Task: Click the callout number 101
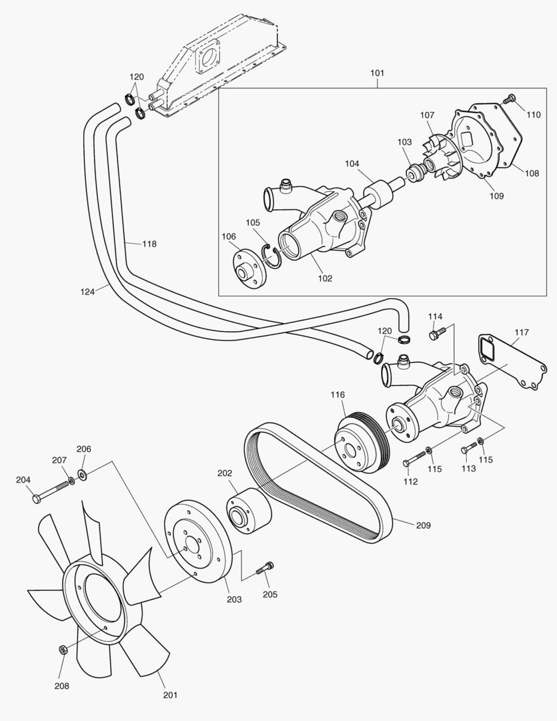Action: click(x=377, y=72)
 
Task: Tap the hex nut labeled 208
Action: click(x=61, y=650)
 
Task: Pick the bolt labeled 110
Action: click(x=510, y=99)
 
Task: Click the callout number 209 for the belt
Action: click(x=423, y=525)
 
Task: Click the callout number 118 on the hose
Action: click(x=149, y=244)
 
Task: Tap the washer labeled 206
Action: click(x=83, y=475)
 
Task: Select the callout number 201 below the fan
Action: click(x=170, y=695)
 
